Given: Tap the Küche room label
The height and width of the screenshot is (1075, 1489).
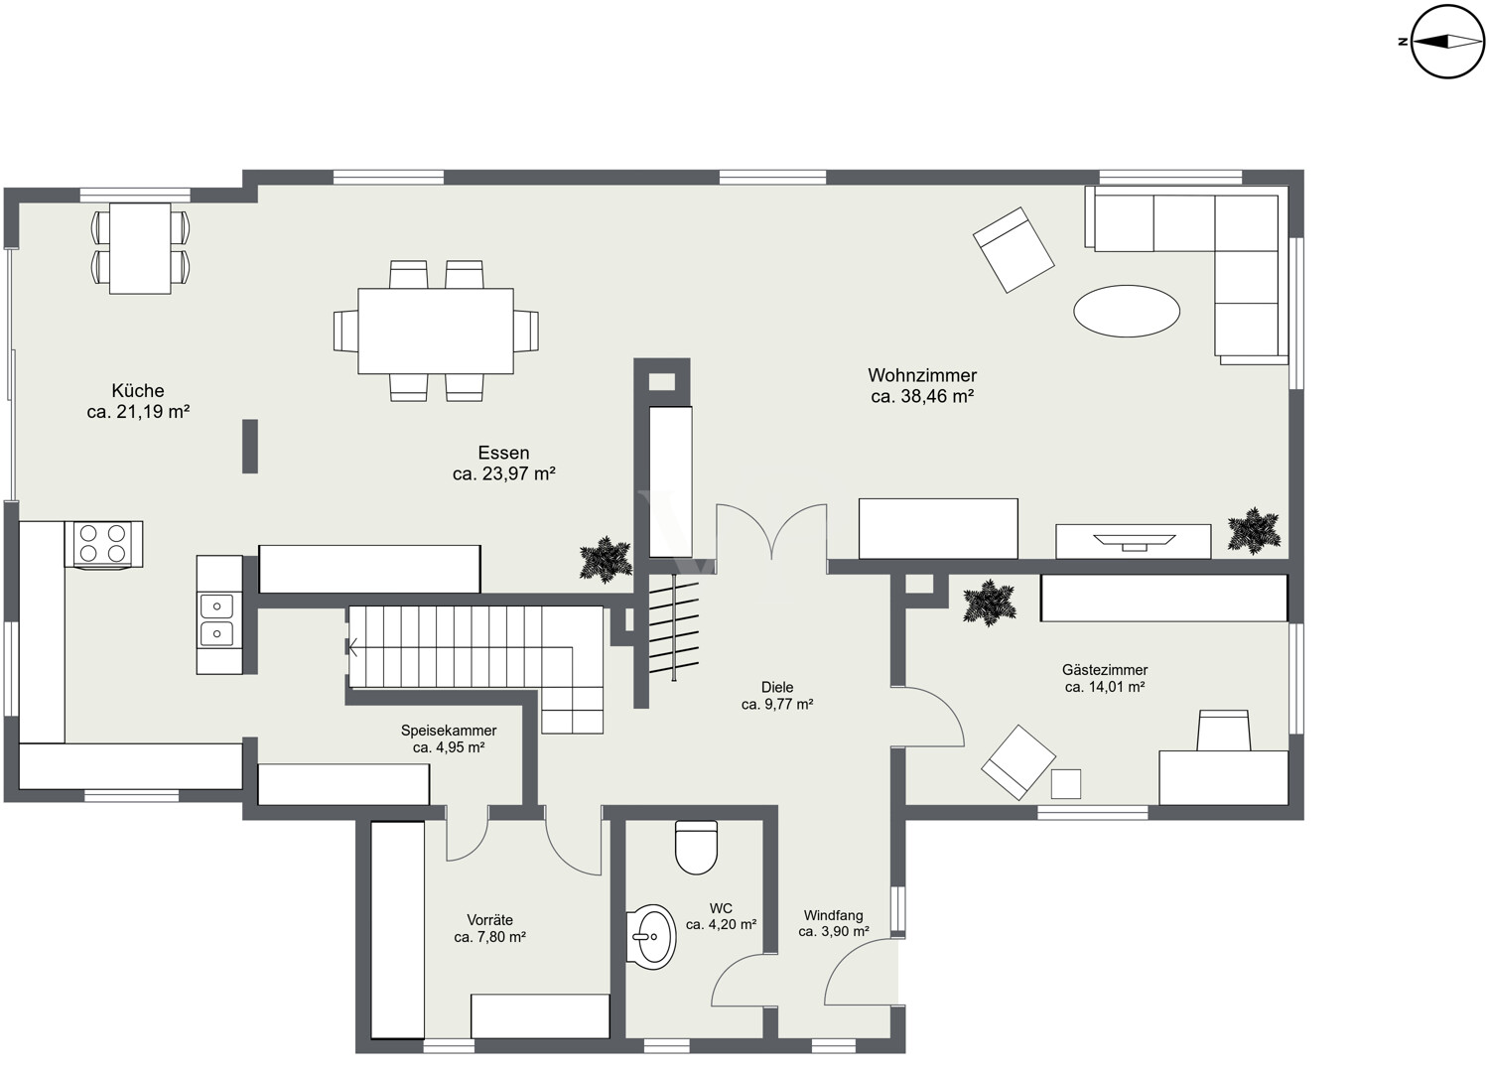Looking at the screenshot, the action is click(x=138, y=390).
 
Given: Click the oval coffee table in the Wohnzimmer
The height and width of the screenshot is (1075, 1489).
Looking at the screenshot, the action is click(x=1127, y=311).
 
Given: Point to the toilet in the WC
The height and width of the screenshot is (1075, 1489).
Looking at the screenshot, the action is click(x=696, y=847).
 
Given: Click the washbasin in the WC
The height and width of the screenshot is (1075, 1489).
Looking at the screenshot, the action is click(x=651, y=936).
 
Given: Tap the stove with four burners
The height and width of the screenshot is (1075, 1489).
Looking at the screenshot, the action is click(x=103, y=543).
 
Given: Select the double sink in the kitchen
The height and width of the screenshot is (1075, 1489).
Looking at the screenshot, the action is click(x=217, y=619).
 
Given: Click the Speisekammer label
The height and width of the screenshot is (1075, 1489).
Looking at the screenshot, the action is click(x=449, y=730).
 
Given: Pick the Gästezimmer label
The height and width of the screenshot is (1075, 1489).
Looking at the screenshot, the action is click(x=1105, y=669).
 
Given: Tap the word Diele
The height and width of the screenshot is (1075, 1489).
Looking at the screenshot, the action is click(x=777, y=687).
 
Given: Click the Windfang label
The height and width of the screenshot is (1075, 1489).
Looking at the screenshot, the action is click(x=834, y=915).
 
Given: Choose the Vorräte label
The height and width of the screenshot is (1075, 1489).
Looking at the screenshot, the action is click(x=490, y=919).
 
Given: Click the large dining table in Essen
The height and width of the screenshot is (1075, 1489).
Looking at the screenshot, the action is click(x=436, y=331).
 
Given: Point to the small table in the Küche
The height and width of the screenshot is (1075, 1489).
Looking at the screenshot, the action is click(x=140, y=248).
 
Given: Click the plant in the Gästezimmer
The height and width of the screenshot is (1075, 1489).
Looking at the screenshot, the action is click(x=990, y=603).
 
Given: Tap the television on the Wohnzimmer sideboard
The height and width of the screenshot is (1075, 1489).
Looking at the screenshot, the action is click(x=1134, y=541).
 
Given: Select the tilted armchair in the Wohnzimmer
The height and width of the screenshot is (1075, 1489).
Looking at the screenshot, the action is click(x=1014, y=249).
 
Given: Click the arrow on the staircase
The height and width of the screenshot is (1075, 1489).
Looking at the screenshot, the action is click(x=353, y=646).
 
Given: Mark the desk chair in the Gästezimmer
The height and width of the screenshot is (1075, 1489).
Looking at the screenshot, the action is click(x=1223, y=731).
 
